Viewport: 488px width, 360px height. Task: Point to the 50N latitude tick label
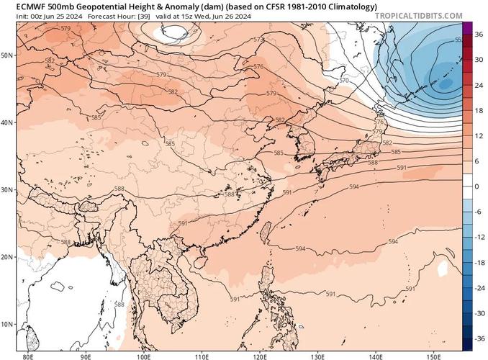8,55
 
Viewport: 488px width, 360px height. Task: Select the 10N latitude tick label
8,324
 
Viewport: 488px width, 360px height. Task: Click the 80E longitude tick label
29,355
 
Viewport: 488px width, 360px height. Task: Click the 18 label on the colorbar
476,110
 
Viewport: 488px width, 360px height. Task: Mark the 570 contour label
344,81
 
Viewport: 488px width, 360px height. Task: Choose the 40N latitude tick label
8,122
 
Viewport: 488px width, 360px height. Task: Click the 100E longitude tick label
143,355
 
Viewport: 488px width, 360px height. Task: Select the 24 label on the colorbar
476,85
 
